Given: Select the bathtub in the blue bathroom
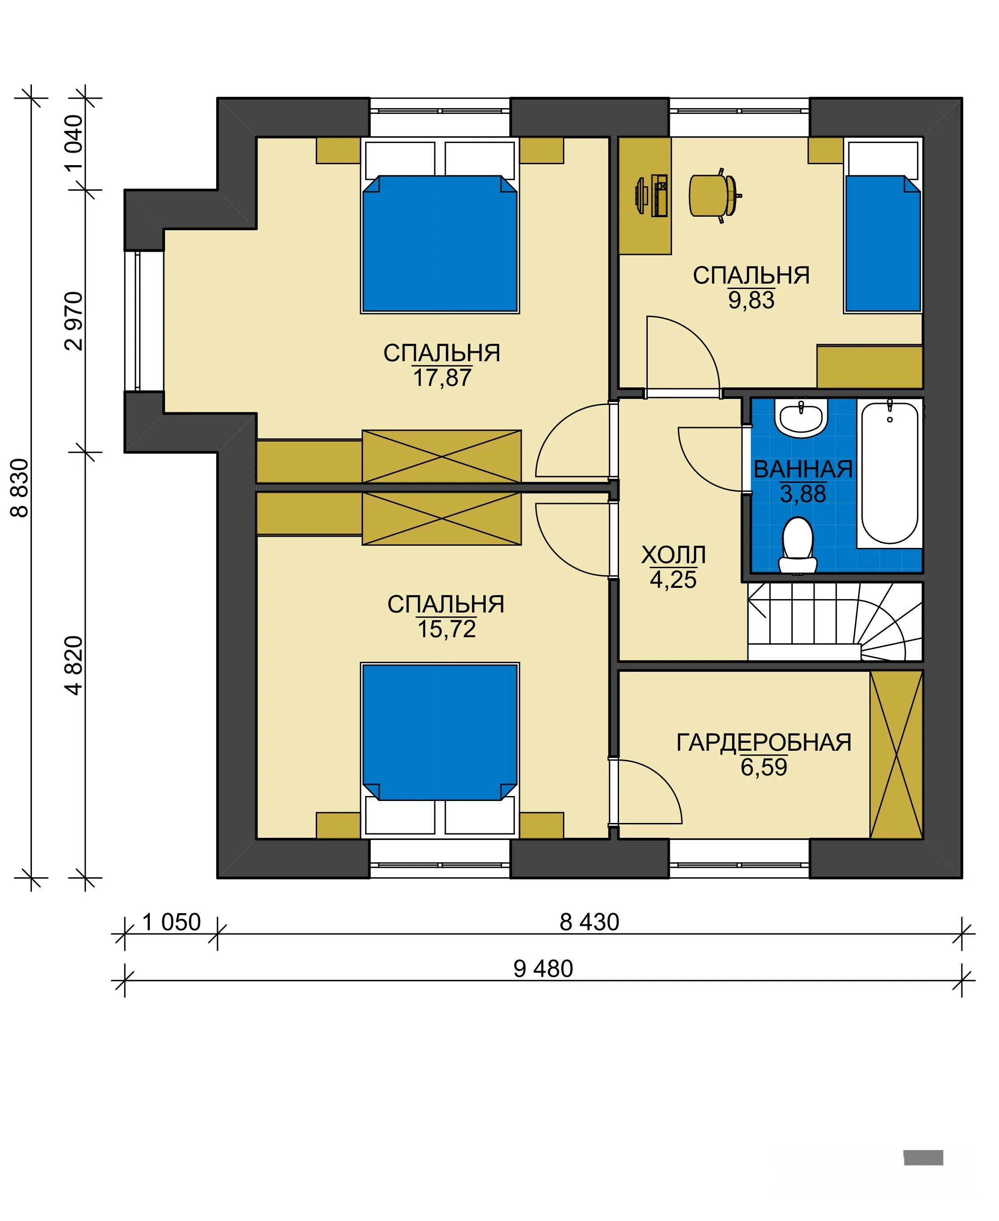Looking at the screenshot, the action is pos(890,473).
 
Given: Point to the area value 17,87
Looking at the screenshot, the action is pos(442,378).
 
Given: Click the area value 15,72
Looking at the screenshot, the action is pos(446,629).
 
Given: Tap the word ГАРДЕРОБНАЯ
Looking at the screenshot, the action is pos(763,742).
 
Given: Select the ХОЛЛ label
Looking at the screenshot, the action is pos(673,555).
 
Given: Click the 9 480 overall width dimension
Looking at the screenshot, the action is pos(543,969).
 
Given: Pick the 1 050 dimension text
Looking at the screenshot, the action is pos(171,922).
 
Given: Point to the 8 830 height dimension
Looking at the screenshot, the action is pos(20,488).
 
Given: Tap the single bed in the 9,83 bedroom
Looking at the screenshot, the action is pos(883,226).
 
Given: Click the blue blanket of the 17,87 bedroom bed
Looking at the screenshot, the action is pos(440,244).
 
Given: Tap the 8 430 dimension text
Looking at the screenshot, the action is pos(589,922).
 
